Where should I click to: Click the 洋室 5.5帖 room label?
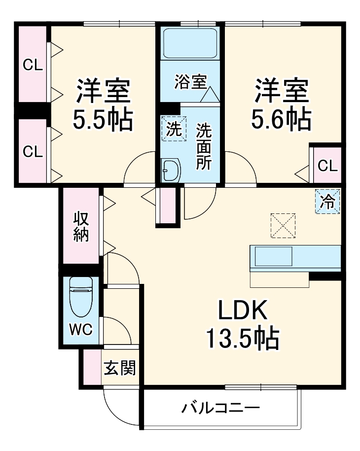[103, 104]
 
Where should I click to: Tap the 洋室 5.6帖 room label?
[282, 104]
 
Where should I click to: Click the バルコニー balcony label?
[220, 408]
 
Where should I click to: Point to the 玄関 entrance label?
[120, 368]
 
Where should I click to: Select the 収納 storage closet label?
[81, 226]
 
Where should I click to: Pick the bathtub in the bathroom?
[190, 44]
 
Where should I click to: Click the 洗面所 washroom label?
[203, 146]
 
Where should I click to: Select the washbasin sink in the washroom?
[171, 170]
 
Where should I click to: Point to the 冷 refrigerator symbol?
[327, 202]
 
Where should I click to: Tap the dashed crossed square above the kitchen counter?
[283, 226]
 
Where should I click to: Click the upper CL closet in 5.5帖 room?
[33, 65]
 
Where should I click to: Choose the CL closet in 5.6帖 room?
[327, 166]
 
